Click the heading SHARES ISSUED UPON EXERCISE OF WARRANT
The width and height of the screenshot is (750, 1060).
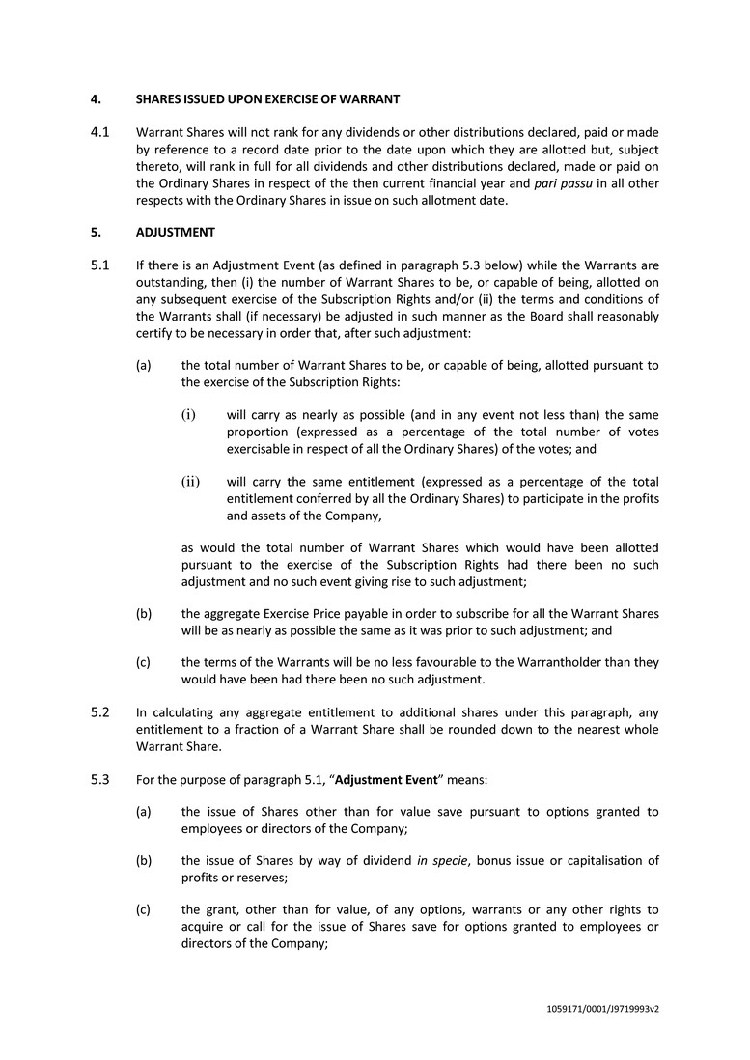tap(267, 99)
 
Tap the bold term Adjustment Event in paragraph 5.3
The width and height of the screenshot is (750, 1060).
tap(386, 780)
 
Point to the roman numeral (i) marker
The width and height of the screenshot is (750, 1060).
tap(189, 415)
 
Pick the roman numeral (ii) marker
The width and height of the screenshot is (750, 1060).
tap(191, 481)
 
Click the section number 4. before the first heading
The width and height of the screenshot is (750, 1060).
tap(96, 99)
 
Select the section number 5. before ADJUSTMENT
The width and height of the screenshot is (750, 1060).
tap(96, 233)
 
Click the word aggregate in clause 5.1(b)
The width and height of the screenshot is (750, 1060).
tap(235, 614)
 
